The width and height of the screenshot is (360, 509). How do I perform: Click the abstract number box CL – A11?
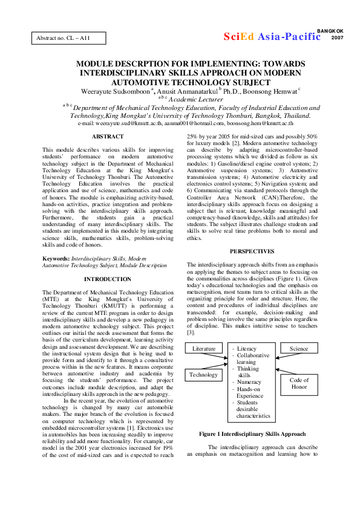pyautogui.click(x=69, y=38)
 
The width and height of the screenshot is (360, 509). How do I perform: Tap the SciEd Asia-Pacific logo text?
pyautogui.click(x=272, y=36)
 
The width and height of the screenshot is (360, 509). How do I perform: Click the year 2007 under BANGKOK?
pyautogui.click(x=338, y=37)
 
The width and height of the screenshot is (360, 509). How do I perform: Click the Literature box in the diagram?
pyautogui.click(x=203, y=349)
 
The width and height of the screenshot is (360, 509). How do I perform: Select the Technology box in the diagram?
pyautogui.click(x=203, y=374)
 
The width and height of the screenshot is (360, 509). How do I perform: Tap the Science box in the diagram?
pyautogui.click(x=299, y=349)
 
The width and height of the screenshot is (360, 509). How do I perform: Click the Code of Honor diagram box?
pyautogui.click(x=299, y=384)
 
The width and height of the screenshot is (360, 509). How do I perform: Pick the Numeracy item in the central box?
pyautogui.click(x=249, y=382)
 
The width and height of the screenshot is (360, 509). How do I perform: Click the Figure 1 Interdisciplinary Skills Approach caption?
pyautogui.click(x=252, y=434)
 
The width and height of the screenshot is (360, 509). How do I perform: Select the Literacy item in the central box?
pyautogui.click(x=247, y=349)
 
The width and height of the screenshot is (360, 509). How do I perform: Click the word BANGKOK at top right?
pyautogui.click(x=330, y=30)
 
